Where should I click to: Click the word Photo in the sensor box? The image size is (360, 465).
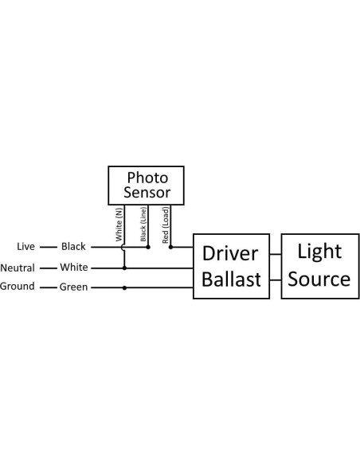147,178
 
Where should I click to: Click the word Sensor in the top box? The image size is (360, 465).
147,192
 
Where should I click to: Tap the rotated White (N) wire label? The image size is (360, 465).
119,224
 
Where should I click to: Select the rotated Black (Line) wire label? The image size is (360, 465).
143,225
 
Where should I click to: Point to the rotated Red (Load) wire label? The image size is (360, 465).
165,225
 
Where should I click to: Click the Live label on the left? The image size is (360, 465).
26,247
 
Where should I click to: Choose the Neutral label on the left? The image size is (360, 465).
17,268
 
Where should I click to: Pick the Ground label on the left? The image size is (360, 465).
17,287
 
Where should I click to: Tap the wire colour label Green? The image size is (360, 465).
74,287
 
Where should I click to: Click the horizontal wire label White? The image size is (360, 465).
74,268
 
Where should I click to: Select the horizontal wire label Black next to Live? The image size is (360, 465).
73,247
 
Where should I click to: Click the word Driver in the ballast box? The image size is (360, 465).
230,254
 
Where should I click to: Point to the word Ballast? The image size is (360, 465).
230,280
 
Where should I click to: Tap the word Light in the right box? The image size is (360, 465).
319,252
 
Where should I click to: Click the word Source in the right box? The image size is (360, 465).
319,279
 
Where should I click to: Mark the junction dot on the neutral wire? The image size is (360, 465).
124,268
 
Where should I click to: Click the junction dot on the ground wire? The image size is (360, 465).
124,287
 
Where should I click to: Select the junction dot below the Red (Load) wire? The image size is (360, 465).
170,247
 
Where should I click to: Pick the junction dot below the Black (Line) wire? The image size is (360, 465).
148,247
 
